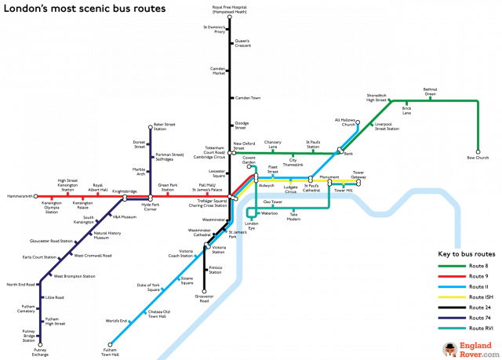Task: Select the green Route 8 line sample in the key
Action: [x=450, y=267]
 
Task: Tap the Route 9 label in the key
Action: [x=478, y=277]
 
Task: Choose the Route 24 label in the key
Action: [x=479, y=308]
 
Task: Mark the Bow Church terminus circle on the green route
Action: [x=478, y=152]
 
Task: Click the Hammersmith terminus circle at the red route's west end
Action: [x=36, y=195]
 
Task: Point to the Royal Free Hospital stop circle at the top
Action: [x=229, y=16]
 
